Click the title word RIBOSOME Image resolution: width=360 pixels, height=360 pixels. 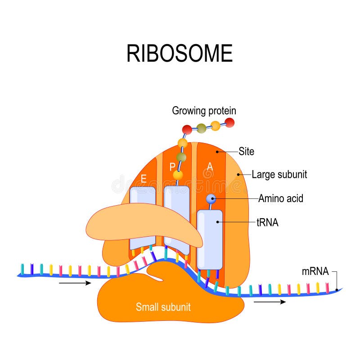point(179,54)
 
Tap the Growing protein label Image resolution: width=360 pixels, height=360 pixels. point(204,111)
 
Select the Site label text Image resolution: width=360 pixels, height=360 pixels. point(246,152)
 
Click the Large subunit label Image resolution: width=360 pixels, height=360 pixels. point(279,175)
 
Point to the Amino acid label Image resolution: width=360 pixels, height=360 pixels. point(280,198)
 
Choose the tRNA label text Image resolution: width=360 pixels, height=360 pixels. point(267,222)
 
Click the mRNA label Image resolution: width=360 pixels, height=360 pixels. point(315,272)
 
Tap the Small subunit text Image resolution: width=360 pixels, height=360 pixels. point(163,307)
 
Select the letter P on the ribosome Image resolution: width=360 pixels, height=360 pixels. point(172,167)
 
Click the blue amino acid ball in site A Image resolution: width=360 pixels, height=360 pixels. point(211,198)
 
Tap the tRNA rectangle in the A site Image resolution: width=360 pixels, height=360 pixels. point(210,238)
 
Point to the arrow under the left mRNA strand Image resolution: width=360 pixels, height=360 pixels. point(75,283)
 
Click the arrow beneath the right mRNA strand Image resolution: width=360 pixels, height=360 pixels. point(269,302)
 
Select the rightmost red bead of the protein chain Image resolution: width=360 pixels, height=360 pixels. point(229,122)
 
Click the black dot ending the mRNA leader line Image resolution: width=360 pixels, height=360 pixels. point(337,289)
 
